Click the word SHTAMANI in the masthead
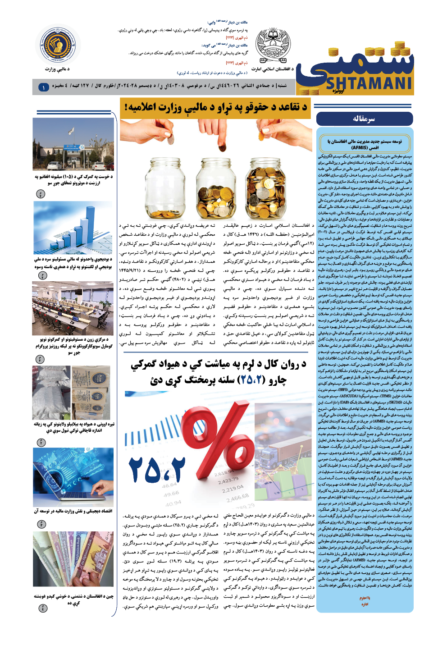pos(369,84)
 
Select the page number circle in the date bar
pos(44,87)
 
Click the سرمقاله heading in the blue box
pos(364,119)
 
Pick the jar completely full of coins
pos(265,187)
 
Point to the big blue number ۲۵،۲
pos(156,469)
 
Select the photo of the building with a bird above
pos(73,144)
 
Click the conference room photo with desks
pos(73,308)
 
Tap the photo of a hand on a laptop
pos(73,476)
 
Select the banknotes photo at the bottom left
pos(73,559)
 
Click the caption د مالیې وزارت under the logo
pos(57,69)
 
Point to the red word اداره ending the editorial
pos(365,604)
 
